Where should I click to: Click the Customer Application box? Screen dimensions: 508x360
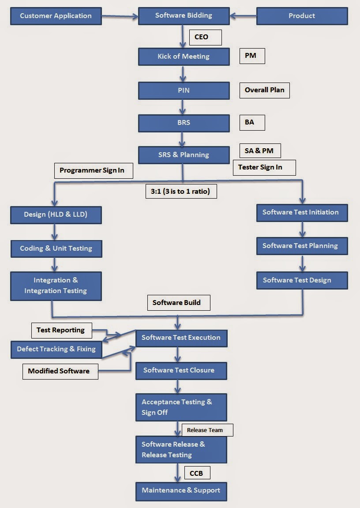click(56, 16)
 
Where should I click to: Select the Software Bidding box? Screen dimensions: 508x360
click(184, 16)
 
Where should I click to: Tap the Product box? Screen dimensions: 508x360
click(302, 16)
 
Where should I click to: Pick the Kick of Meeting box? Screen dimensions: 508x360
click(184, 56)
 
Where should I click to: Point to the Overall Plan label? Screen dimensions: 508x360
click(264, 90)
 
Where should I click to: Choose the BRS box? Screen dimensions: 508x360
click(184, 123)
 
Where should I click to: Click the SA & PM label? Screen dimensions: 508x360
click(260, 151)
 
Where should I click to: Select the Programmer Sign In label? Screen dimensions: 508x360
click(93, 170)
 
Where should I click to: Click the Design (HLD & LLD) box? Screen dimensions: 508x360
click(56, 215)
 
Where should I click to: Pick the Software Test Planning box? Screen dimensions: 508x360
click(302, 246)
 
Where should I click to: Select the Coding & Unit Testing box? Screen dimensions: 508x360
click(56, 248)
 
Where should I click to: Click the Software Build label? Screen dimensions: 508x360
click(178, 303)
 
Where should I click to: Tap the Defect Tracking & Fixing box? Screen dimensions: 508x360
click(56, 349)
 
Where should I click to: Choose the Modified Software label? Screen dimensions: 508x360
click(60, 371)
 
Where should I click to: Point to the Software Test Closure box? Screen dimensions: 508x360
click(181, 370)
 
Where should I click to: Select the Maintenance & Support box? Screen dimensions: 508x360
click(181, 491)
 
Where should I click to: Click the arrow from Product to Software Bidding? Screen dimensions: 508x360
click(243, 16)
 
